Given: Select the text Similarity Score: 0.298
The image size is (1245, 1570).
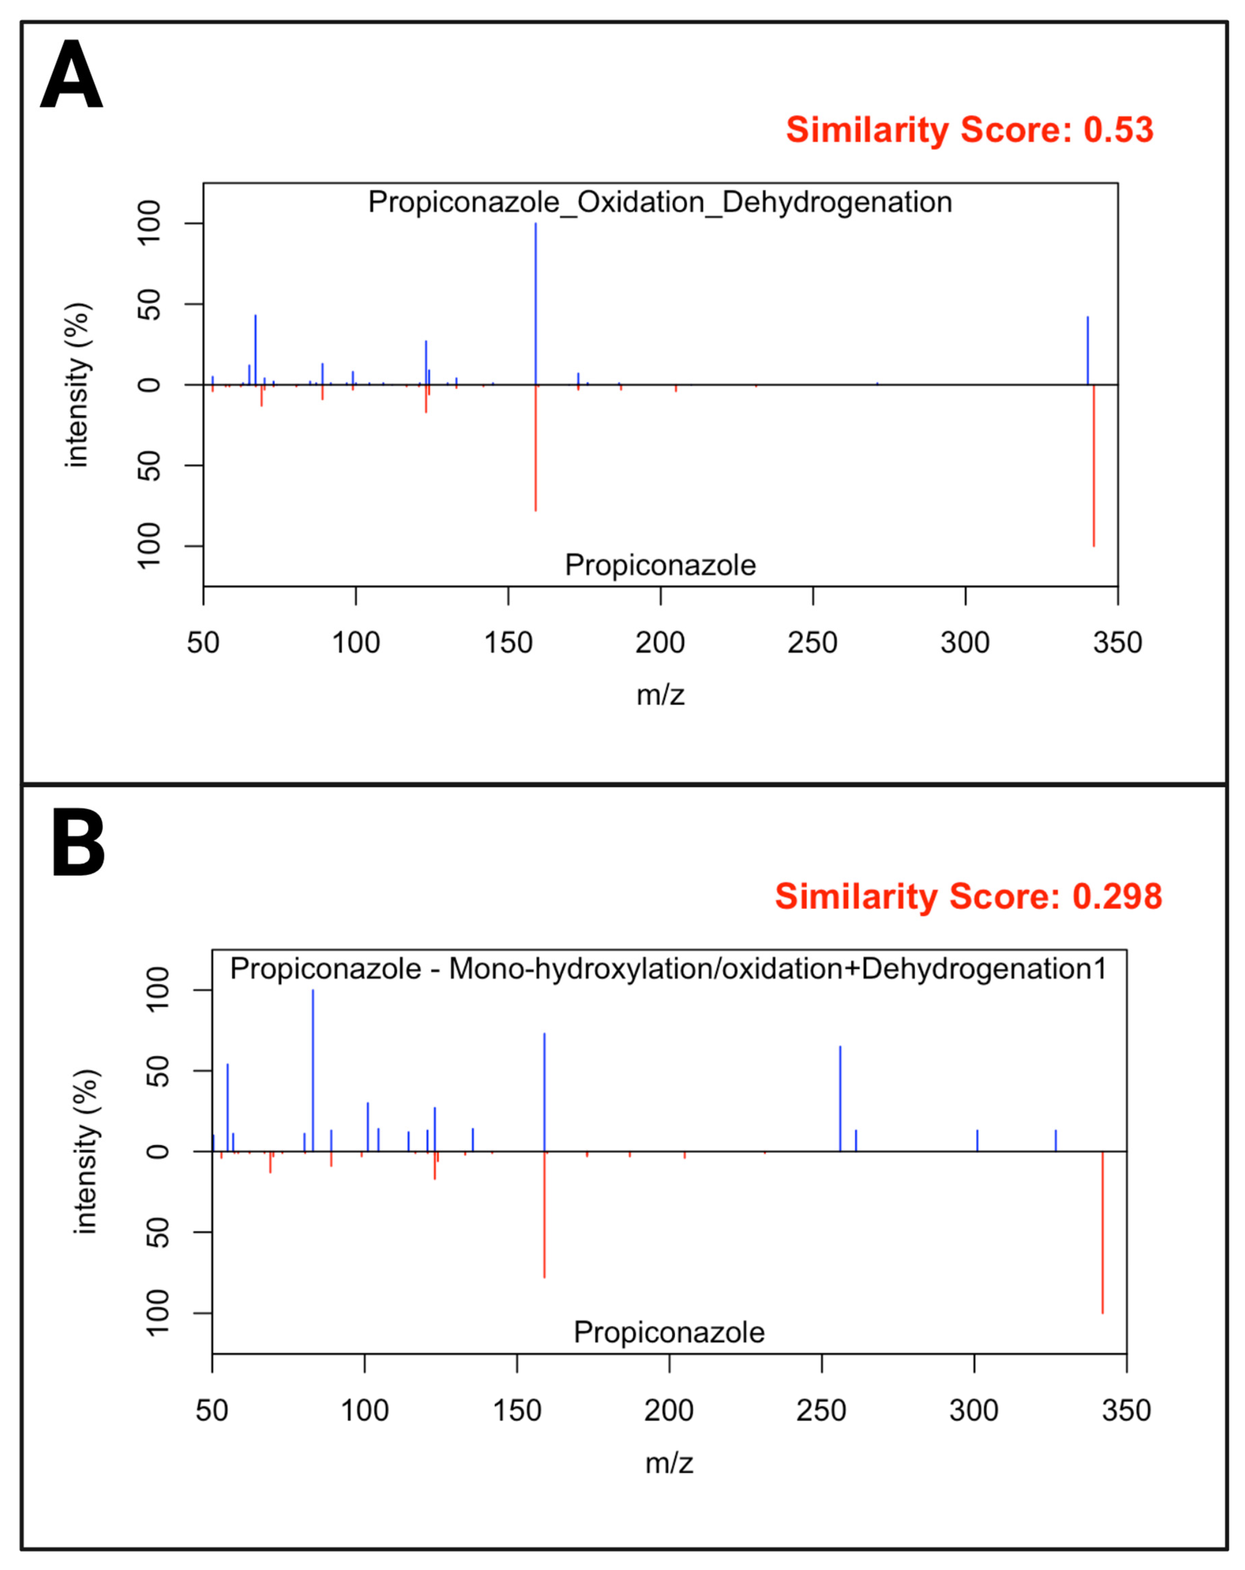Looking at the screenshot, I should (x=968, y=896).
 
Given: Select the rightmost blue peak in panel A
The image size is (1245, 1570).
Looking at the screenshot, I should (x=1088, y=350).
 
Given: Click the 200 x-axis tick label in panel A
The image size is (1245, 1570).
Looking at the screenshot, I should (x=660, y=643).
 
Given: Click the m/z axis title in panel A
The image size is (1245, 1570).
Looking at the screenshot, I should (x=660, y=695).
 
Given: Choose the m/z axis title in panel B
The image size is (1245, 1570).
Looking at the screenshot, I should (x=669, y=1463).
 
